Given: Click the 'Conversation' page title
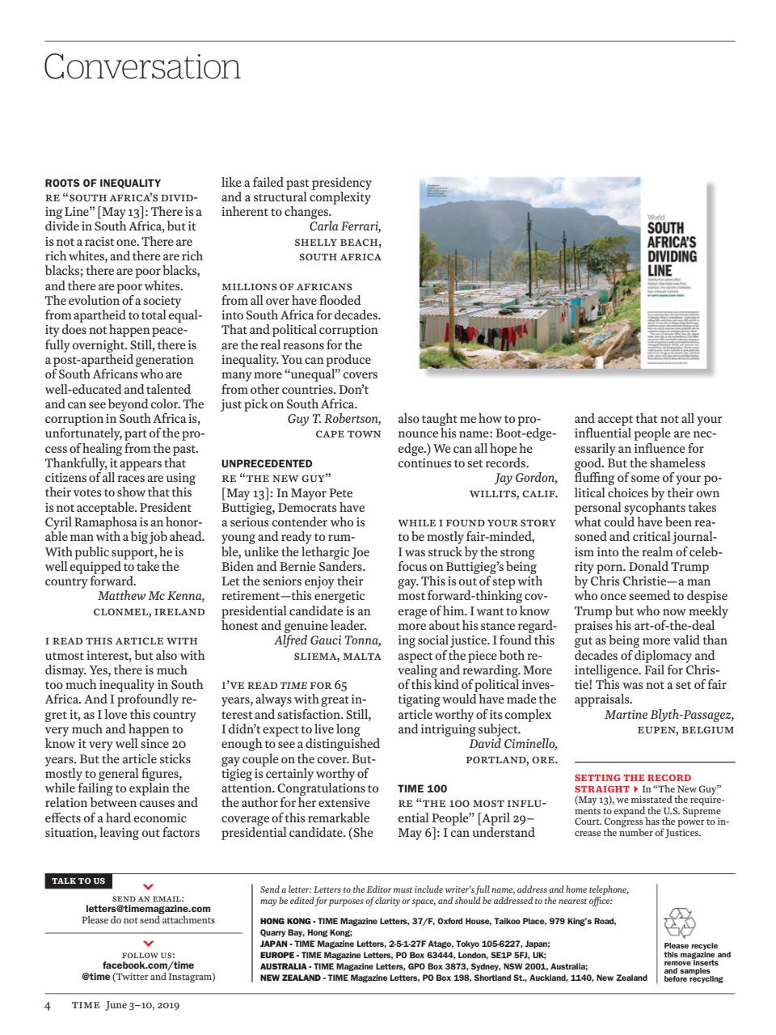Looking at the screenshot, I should (142, 66).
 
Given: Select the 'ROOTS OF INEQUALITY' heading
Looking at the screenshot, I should (103, 183).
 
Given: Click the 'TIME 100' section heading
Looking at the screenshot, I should (422, 788).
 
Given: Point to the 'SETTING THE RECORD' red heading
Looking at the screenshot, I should (633, 778).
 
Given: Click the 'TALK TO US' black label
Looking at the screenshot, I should (78, 881).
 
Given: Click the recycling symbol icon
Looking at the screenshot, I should (679, 923).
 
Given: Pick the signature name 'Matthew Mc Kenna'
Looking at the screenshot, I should (151, 596).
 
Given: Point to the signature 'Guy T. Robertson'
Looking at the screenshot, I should (334, 419).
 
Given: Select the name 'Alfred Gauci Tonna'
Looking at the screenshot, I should (327, 640).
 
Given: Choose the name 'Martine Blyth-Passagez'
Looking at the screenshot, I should (669, 714).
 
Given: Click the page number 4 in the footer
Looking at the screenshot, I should (48, 1005).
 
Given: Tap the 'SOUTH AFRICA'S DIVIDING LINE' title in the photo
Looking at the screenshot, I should (671, 251).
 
